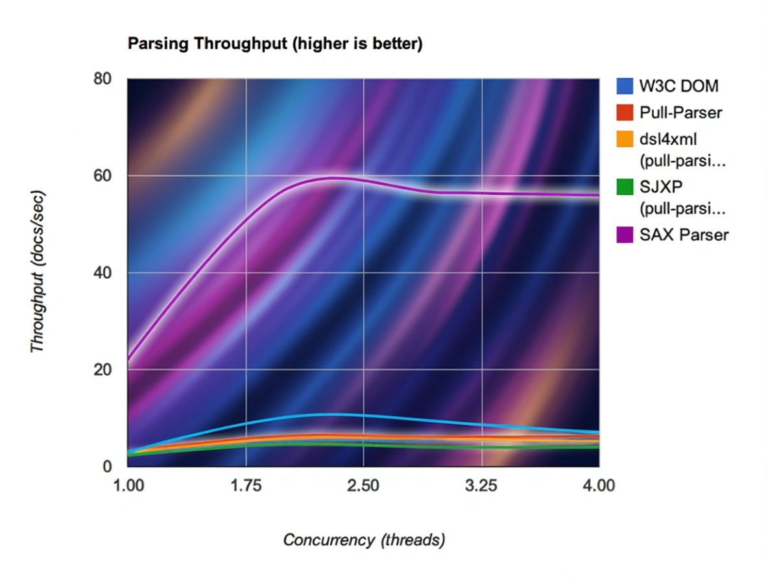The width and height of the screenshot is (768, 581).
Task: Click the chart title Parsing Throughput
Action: [x=275, y=44]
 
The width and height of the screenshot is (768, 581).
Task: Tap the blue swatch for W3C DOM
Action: [x=624, y=86]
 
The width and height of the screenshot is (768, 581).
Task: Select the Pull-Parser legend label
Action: [x=680, y=113]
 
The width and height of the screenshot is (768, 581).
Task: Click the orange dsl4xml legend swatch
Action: [x=624, y=140]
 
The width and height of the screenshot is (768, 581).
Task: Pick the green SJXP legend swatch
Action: [x=624, y=189]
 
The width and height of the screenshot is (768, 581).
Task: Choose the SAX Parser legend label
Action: [x=684, y=235]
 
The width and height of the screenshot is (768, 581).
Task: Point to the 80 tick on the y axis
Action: [x=103, y=79]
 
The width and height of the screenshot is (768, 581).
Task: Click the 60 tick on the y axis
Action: [x=103, y=176]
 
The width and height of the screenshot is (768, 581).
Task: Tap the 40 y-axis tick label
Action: [x=103, y=273]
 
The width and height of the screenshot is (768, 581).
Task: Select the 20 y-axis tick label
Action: [x=103, y=370]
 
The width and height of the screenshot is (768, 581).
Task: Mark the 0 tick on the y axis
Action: [x=107, y=466]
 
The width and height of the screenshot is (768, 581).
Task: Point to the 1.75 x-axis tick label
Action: [x=245, y=485]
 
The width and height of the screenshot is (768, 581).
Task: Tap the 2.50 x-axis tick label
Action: [x=363, y=485]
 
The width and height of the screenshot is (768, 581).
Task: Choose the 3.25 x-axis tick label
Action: [x=481, y=485]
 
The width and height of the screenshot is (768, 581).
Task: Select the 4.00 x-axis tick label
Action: [x=599, y=485]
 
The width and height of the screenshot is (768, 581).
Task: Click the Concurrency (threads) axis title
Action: [x=364, y=539]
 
